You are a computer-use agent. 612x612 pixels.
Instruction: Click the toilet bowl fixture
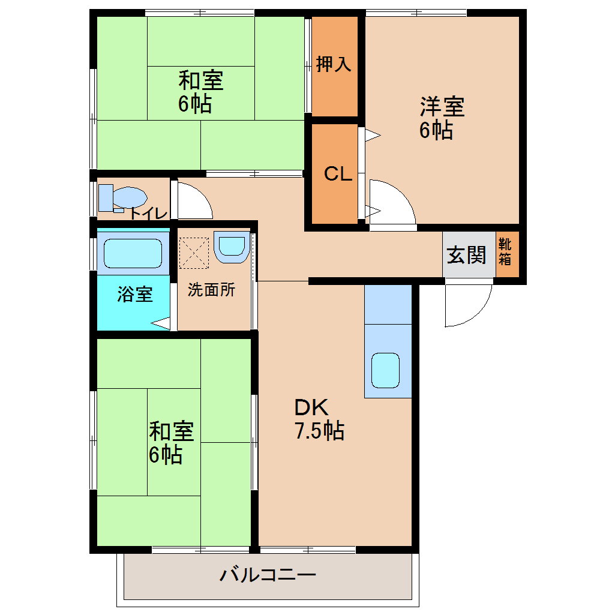pyautogui.click(x=128, y=197)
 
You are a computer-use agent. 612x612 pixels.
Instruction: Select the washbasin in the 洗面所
pyautogui.click(x=231, y=247)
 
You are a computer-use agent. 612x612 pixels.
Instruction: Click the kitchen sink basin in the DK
pyautogui.click(x=385, y=370)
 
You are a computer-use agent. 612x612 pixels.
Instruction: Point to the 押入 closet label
pyautogui.click(x=334, y=64)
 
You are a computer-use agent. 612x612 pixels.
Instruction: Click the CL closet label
pyautogui.click(x=337, y=174)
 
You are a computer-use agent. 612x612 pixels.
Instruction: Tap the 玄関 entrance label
pyautogui.click(x=466, y=255)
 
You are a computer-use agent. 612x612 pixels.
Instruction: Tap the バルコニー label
pyautogui.click(x=268, y=575)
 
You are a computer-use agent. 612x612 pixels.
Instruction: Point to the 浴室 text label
pyautogui.click(x=134, y=294)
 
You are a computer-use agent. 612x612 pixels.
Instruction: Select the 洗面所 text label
pyautogui.click(x=211, y=290)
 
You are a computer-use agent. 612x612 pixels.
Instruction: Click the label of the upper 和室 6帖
pyautogui.click(x=199, y=91)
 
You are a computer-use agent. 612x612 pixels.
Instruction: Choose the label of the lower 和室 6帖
pyautogui.click(x=171, y=443)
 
